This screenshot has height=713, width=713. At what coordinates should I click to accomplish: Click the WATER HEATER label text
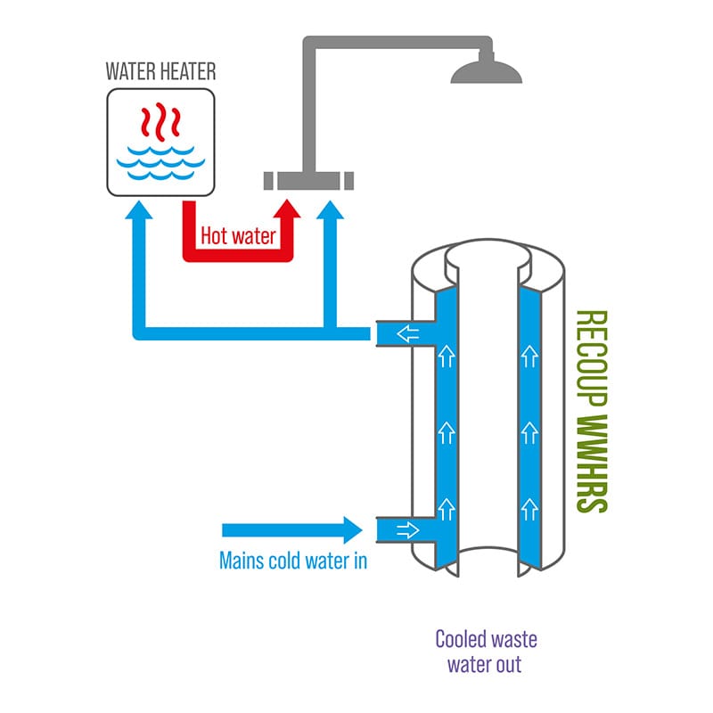pos(160,71)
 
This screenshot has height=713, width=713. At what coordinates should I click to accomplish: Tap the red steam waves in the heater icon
pos(160,121)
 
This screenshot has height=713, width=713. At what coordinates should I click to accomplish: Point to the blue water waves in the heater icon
pos(160,162)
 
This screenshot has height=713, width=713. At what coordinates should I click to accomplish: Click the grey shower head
pos(486,72)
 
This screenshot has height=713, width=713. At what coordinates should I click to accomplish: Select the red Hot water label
pos(238,236)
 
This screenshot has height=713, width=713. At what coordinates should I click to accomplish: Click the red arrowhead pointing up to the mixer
pos(287,209)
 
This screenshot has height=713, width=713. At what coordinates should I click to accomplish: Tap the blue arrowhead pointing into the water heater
pos(139,209)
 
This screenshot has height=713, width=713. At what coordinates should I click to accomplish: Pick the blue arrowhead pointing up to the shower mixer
pos(330,209)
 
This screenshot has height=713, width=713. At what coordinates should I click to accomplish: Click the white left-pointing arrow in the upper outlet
pos(408,333)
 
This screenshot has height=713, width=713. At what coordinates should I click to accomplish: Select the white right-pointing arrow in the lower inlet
pos(408,529)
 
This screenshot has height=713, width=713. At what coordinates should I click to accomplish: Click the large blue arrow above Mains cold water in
pos(292,530)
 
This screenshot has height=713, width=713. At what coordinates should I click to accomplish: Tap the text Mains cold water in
pos(293,561)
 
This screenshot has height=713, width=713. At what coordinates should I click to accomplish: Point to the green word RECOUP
pos(592,359)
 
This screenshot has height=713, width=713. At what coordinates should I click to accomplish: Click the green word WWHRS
pos(592,463)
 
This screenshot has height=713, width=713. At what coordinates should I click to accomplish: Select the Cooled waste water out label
pos(486,652)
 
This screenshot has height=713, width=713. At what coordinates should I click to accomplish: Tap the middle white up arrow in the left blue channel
pos(447,433)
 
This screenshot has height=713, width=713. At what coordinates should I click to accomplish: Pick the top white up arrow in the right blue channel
pos(529,356)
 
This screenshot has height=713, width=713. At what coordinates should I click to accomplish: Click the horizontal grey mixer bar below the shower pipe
pos(308,181)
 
